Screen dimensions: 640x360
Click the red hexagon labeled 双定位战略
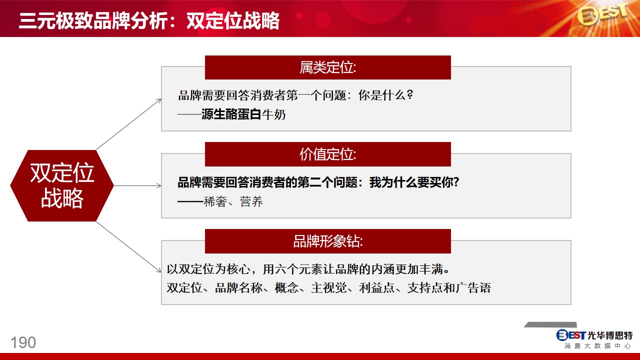tap(62, 185)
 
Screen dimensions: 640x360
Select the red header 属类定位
tap(327, 67)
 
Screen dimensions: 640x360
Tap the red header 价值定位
tap(327, 154)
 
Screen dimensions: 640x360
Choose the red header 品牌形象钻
tap(327, 241)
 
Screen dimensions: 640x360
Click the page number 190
tap(23, 342)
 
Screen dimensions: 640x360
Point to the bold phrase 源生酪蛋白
tap(231, 114)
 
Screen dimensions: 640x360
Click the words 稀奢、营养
tap(233, 201)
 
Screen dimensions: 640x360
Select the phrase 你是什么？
tap(385, 95)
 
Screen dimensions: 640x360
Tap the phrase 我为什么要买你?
tap(414, 182)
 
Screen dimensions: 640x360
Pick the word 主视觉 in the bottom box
tap(329, 287)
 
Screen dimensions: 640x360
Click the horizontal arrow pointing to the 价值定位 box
tap(137, 185)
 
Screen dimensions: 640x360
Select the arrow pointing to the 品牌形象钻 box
tap(129, 247)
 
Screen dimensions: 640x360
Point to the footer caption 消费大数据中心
tap(597, 346)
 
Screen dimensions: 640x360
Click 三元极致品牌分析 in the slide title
tap(93, 21)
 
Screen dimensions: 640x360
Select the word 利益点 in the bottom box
tap(377, 287)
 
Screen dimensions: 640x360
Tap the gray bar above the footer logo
tap(550, 324)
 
